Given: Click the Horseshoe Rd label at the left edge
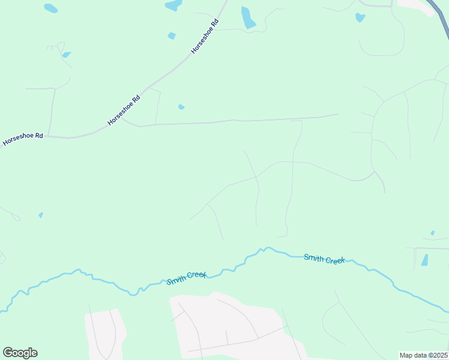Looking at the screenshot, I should (x=22, y=139).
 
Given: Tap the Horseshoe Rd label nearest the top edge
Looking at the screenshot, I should (x=204, y=37).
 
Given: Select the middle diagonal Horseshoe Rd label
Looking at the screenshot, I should (x=124, y=110).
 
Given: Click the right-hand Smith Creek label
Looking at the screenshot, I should (x=324, y=259).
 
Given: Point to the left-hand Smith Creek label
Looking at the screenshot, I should (x=187, y=278).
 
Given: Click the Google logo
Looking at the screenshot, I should (x=20, y=352).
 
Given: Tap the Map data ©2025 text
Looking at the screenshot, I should (x=423, y=355).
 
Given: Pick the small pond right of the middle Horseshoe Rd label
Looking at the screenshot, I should (x=181, y=107).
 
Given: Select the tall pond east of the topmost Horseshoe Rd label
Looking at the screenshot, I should (x=247, y=18).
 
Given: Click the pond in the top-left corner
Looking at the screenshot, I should (x=51, y=8).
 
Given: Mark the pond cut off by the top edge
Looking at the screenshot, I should (x=173, y=5).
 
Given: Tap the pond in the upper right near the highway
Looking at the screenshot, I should (x=360, y=17).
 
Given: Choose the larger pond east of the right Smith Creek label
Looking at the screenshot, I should (x=425, y=260).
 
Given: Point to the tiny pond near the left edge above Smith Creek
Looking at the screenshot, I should (x=41, y=215).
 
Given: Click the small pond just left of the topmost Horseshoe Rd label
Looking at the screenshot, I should (x=172, y=36).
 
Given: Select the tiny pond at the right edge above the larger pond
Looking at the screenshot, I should (x=432, y=233).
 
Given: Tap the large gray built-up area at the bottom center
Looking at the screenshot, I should (x=228, y=327).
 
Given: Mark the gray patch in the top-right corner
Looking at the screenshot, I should (x=417, y=4).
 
